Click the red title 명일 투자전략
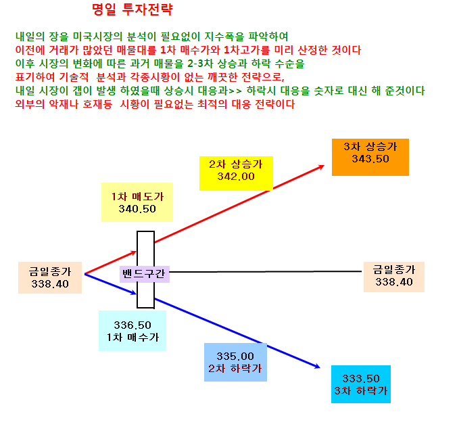(132, 9)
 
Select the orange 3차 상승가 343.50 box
(370, 158)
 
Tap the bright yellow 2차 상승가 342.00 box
(236, 173)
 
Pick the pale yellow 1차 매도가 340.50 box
(137, 202)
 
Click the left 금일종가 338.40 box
(50, 277)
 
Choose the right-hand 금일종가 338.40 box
(394, 277)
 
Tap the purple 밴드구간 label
(144, 274)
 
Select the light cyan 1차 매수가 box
(132, 331)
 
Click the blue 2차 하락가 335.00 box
(236, 362)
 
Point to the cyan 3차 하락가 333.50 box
(361, 384)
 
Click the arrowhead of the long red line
(321, 167)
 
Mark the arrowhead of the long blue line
(317, 366)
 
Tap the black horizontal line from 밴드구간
(266, 272)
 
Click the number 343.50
(370, 159)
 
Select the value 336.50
(132, 325)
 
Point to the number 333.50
(361, 378)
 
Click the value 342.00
(236, 177)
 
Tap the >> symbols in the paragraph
(235, 91)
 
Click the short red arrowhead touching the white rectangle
(134, 252)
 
